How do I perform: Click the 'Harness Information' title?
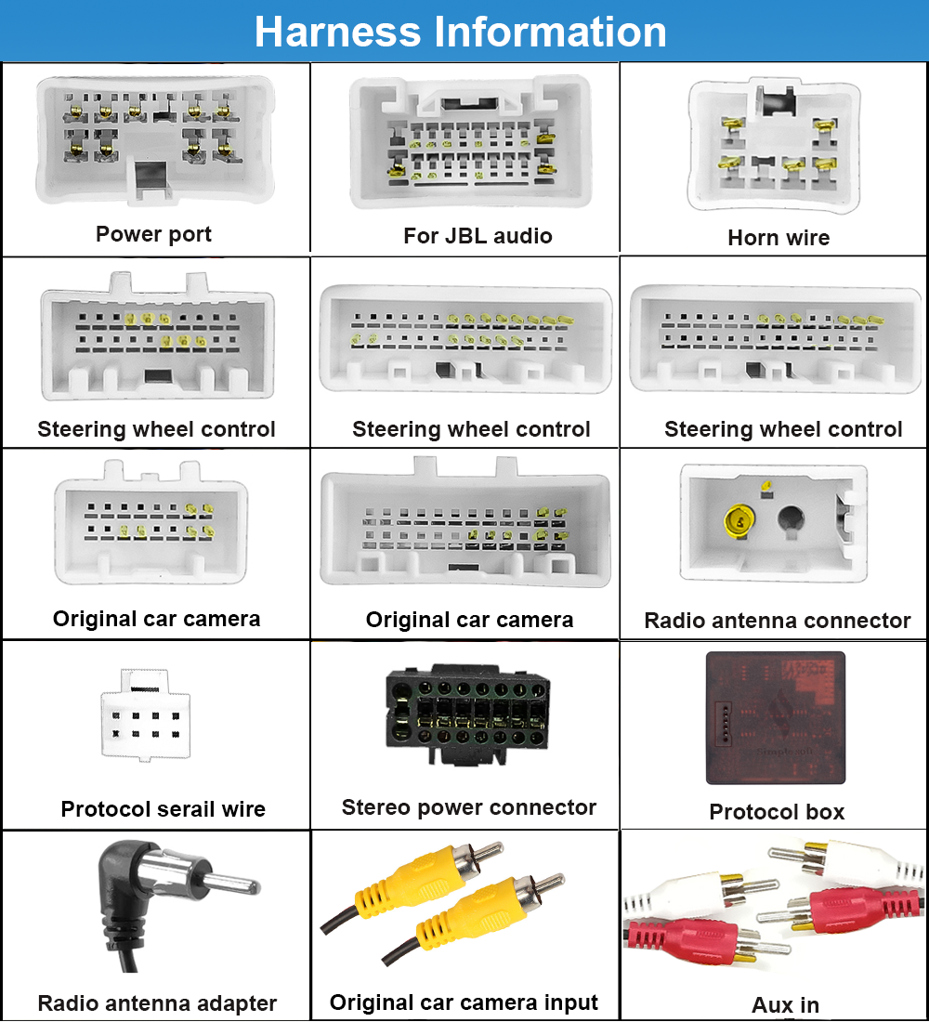pos(461,32)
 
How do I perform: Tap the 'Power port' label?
pos(153,234)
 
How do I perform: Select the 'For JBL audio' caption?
pos(478,236)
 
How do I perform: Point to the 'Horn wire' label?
pos(779,238)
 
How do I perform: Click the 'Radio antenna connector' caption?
pos(778,621)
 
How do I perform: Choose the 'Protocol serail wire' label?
pos(164,809)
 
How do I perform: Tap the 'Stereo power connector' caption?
pos(469,807)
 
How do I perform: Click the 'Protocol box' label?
pos(777,812)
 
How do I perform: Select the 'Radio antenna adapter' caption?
pos(157,1003)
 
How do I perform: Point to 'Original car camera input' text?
pos(464,1002)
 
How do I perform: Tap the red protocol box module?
pos(776,716)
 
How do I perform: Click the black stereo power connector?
pos(467,713)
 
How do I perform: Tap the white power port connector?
pos(155,139)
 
